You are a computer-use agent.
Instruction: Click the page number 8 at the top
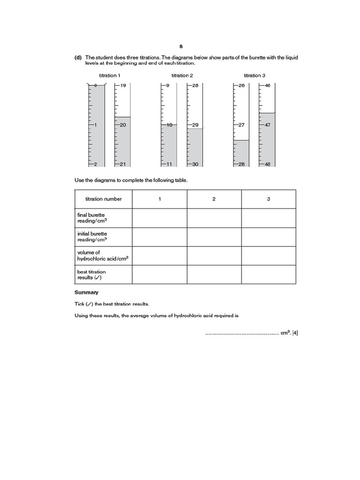[180, 46]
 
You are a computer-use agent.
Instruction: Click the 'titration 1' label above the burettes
[110, 75]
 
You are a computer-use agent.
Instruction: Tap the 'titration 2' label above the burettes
[182, 75]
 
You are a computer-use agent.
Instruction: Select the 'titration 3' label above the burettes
[255, 75]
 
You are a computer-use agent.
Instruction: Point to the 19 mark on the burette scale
[123, 85]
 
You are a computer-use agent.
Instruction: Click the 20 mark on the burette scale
[123, 125]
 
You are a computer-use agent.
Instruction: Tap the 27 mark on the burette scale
[242, 125]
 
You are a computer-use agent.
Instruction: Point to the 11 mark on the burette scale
[170, 164]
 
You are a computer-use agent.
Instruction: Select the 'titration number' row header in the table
[103, 199]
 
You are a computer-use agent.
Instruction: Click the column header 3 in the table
[269, 199]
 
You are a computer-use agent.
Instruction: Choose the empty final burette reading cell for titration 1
[159, 218]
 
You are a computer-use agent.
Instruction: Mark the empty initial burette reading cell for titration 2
[214, 237]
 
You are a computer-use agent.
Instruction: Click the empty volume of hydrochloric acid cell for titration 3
[269, 255]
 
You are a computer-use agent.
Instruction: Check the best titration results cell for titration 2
[214, 275]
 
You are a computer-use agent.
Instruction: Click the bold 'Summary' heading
[86, 292]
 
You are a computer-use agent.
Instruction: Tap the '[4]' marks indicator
[295, 333]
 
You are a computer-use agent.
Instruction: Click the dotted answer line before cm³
[241, 334]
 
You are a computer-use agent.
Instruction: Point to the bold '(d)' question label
[78, 57]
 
